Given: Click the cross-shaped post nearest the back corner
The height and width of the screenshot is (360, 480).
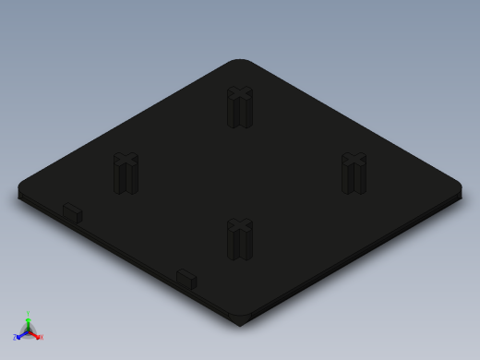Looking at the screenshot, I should click(239, 108).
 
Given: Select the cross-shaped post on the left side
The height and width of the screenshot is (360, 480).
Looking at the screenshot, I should click(126, 174).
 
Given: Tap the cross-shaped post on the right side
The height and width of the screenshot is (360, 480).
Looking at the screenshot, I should click(354, 174).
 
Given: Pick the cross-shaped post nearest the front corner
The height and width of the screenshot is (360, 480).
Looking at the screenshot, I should click(239, 240).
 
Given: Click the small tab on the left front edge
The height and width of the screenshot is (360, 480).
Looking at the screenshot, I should click(72, 213).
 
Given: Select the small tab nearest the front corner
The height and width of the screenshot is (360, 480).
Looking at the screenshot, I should click(186, 279).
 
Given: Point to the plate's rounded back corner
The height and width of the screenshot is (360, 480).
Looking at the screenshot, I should click(240, 63).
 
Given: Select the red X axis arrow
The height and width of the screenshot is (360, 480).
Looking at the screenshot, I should click(35, 334).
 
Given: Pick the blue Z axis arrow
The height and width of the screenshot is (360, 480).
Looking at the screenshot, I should click(20, 333).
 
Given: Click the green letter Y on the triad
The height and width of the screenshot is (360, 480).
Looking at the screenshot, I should click(29, 313).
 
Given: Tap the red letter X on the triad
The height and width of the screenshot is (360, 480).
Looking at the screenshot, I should click(41, 337).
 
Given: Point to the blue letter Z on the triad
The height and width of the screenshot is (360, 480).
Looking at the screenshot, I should click(15, 337).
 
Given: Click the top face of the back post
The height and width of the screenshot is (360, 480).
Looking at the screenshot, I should click(239, 93).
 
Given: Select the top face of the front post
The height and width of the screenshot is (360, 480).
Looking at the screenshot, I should click(239, 225).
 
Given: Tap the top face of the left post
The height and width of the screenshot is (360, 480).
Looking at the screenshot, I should click(126, 160).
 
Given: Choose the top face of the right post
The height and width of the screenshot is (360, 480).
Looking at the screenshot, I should click(354, 160).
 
